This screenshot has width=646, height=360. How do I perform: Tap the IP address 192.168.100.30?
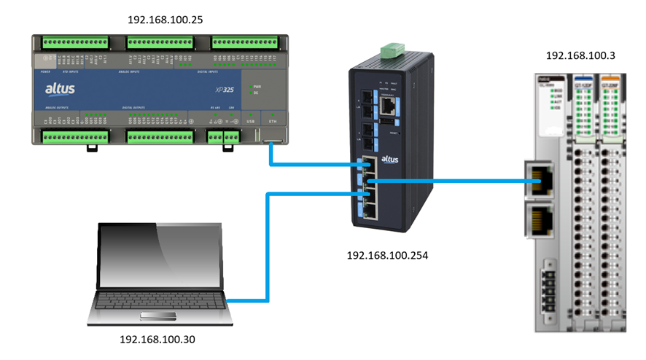[157, 339]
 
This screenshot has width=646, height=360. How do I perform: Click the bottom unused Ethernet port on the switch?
[371, 211]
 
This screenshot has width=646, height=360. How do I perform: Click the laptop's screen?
[161, 255]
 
